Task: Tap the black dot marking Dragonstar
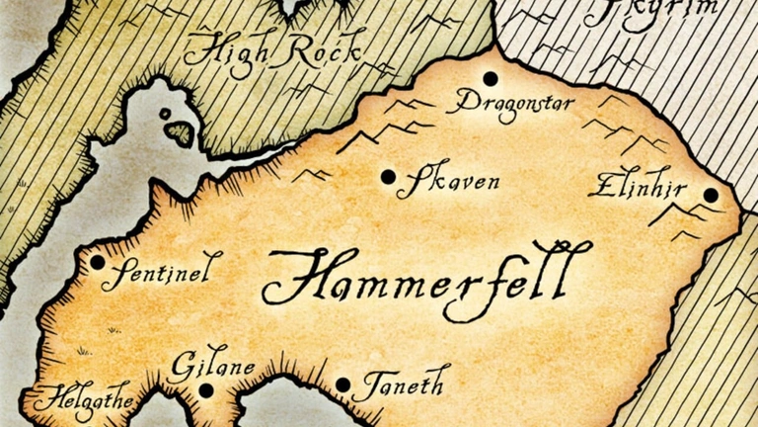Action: pos(490,78)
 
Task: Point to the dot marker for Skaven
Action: pos(388,177)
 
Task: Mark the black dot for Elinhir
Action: pos(711,195)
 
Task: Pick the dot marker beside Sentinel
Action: pos(98,262)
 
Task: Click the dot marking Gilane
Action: pos(205,389)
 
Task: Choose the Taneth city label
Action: pos(400,382)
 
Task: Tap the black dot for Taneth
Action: pos(342,385)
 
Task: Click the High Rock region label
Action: pos(272,49)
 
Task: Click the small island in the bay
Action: pos(179,131)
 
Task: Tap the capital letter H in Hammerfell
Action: pos(292,279)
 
